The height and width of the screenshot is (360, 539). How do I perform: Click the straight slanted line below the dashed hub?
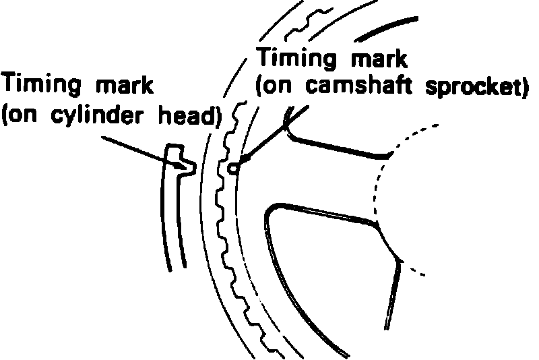(x=393, y=297)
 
